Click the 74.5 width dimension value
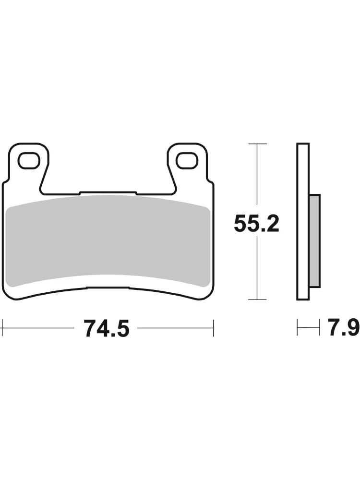tap(107, 328)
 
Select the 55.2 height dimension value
tap(256, 224)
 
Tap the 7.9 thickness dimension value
tap(344, 327)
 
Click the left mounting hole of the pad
tap(29, 160)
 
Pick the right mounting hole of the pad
tap(187, 160)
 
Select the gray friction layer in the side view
tap(315, 241)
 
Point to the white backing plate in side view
tap(303, 221)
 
